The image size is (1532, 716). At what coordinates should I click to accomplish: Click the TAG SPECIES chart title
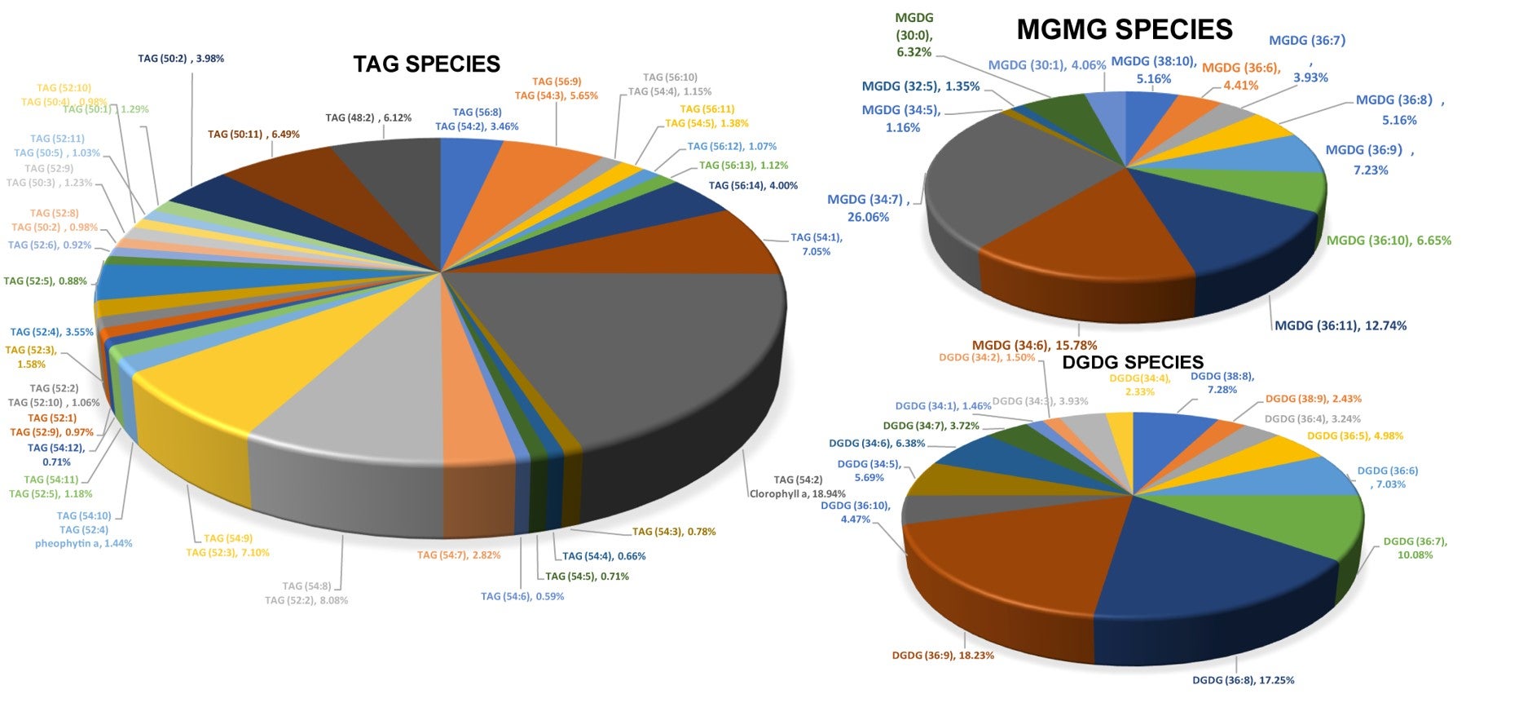click(x=426, y=64)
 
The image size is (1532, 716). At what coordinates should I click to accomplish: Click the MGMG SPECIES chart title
click(x=1124, y=30)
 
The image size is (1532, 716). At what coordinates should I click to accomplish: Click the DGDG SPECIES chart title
click(x=1132, y=362)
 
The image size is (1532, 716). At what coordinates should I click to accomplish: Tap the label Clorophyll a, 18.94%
click(x=797, y=493)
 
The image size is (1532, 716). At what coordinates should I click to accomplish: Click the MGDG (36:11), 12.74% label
click(x=1340, y=325)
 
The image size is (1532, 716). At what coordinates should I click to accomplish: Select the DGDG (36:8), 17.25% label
click(x=1243, y=679)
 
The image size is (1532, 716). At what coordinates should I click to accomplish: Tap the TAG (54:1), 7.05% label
click(x=816, y=245)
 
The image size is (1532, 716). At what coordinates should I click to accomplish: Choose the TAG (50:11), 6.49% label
click(x=253, y=134)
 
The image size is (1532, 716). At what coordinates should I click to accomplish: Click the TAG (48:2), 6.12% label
click(x=368, y=117)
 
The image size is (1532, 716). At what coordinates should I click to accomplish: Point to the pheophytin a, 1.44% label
click(x=83, y=543)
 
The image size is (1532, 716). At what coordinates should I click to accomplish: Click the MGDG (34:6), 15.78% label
click(x=1034, y=345)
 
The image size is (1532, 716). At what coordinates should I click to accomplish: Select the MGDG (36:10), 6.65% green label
click(x=1388, y=240)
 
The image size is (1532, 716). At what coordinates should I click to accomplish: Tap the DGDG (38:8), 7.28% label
click(x=1222, y=382)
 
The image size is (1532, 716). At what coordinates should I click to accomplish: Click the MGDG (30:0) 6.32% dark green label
click(x=913, y=35)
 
